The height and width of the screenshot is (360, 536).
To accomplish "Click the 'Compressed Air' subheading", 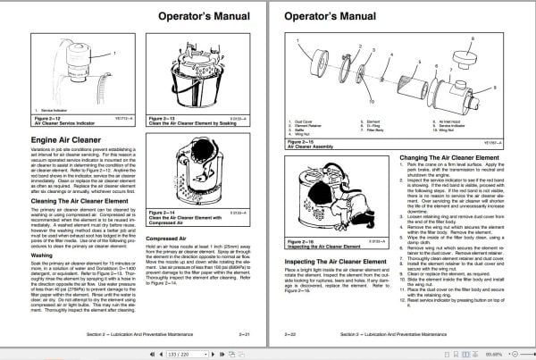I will [167, 237].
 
